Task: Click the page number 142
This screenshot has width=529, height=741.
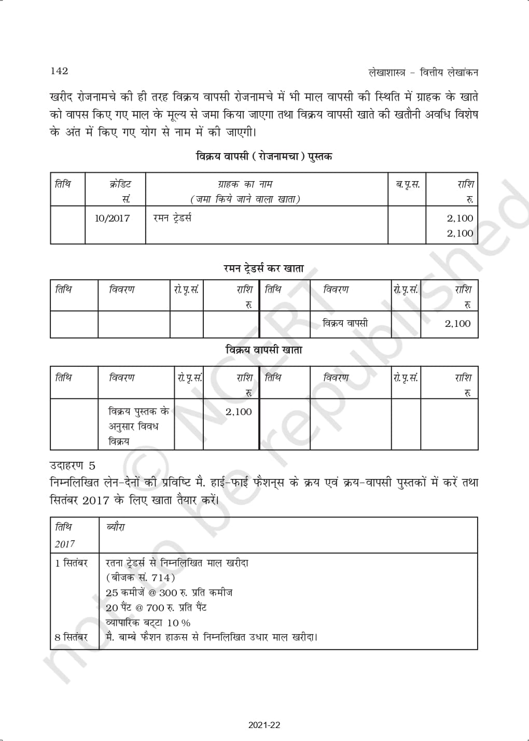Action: pyautogui.click(x=59, y=71)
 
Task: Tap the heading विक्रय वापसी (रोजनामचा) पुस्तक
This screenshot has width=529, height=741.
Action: pyautogui.click(x=264, y=156)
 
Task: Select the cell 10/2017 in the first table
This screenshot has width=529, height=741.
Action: pyautogui.click(x=112, y=218)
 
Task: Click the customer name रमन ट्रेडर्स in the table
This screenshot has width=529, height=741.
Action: pyautogui.click(x=172, y=218)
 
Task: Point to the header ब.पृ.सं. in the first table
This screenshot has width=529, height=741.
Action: pyautogui.click(x=408, y=184)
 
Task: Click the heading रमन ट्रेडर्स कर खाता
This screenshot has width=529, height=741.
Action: pyautogui.click(x=263, y=268)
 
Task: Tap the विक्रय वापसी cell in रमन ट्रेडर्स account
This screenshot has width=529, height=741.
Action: pyautogui.click(x=345, y=323)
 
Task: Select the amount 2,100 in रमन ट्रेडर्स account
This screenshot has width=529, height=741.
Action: pyautogui.click(x=457, y=324)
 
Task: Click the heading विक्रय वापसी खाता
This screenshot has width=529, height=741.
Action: pyautogui.click(x=263, y=350)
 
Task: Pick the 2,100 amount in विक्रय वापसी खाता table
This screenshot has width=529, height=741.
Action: pyautogui.click(x=239, y=412)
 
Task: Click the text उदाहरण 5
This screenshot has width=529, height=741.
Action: pyautogui.click(x=73, y=465)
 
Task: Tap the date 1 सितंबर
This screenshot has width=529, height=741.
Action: pyautogui.click(x=72, y=562)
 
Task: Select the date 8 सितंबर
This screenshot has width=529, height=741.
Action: pyautogui.click(x=72, y=637)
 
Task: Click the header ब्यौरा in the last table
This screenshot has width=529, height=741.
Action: pyautogui.click(x=115, y=527)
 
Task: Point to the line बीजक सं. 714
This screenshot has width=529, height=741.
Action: pyautogui.click(x=141, y=578)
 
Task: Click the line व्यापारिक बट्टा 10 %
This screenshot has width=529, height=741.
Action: pyautogui.click(x=148, y=623)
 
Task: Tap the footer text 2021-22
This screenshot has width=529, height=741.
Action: pyautogui.click(x=264, y=725)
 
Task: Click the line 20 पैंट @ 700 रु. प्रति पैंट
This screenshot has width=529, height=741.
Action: pyautogui.click(x=156, y=608)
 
